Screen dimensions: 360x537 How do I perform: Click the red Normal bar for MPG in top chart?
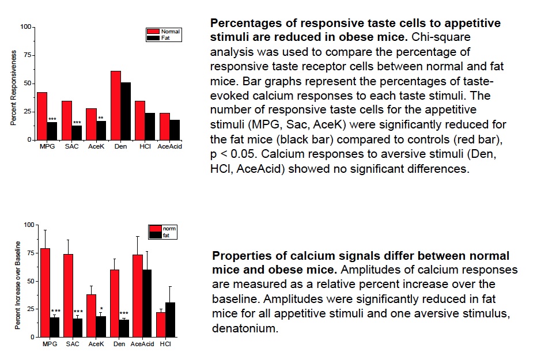(x=42, y=116)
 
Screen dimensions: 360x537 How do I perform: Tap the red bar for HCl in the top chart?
(x=140, y=120)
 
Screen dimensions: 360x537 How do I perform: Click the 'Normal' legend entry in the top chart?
(x=170, y=31)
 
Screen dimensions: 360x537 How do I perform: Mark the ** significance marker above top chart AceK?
(x=101, y=118)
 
